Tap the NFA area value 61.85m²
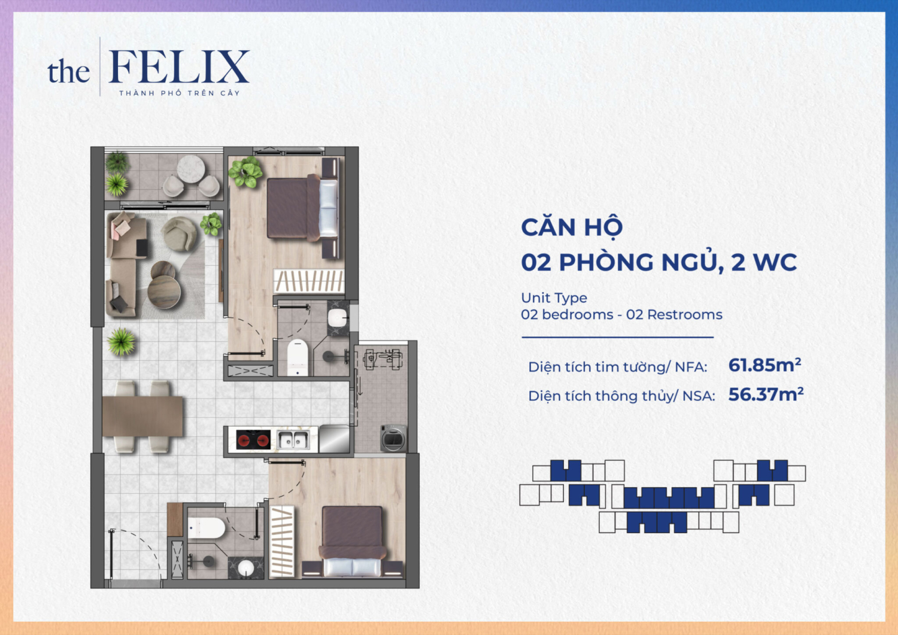tap(764, 365)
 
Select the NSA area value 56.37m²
tap(766, 394)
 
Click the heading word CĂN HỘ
tap(572, 227)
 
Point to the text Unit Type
tap(554, 297)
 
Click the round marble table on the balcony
tap(191, 168)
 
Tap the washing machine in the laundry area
tap(393, 438)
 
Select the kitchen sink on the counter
tap(293, 440)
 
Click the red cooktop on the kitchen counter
tap(253, 440)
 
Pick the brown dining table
tap(142, 416)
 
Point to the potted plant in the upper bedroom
tap(245, 172)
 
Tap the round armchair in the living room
tap(180, 234)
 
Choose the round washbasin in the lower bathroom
tap(246, 568)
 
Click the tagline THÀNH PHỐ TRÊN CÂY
tap(179, 93)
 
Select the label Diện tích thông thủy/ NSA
tap(621, 396)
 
